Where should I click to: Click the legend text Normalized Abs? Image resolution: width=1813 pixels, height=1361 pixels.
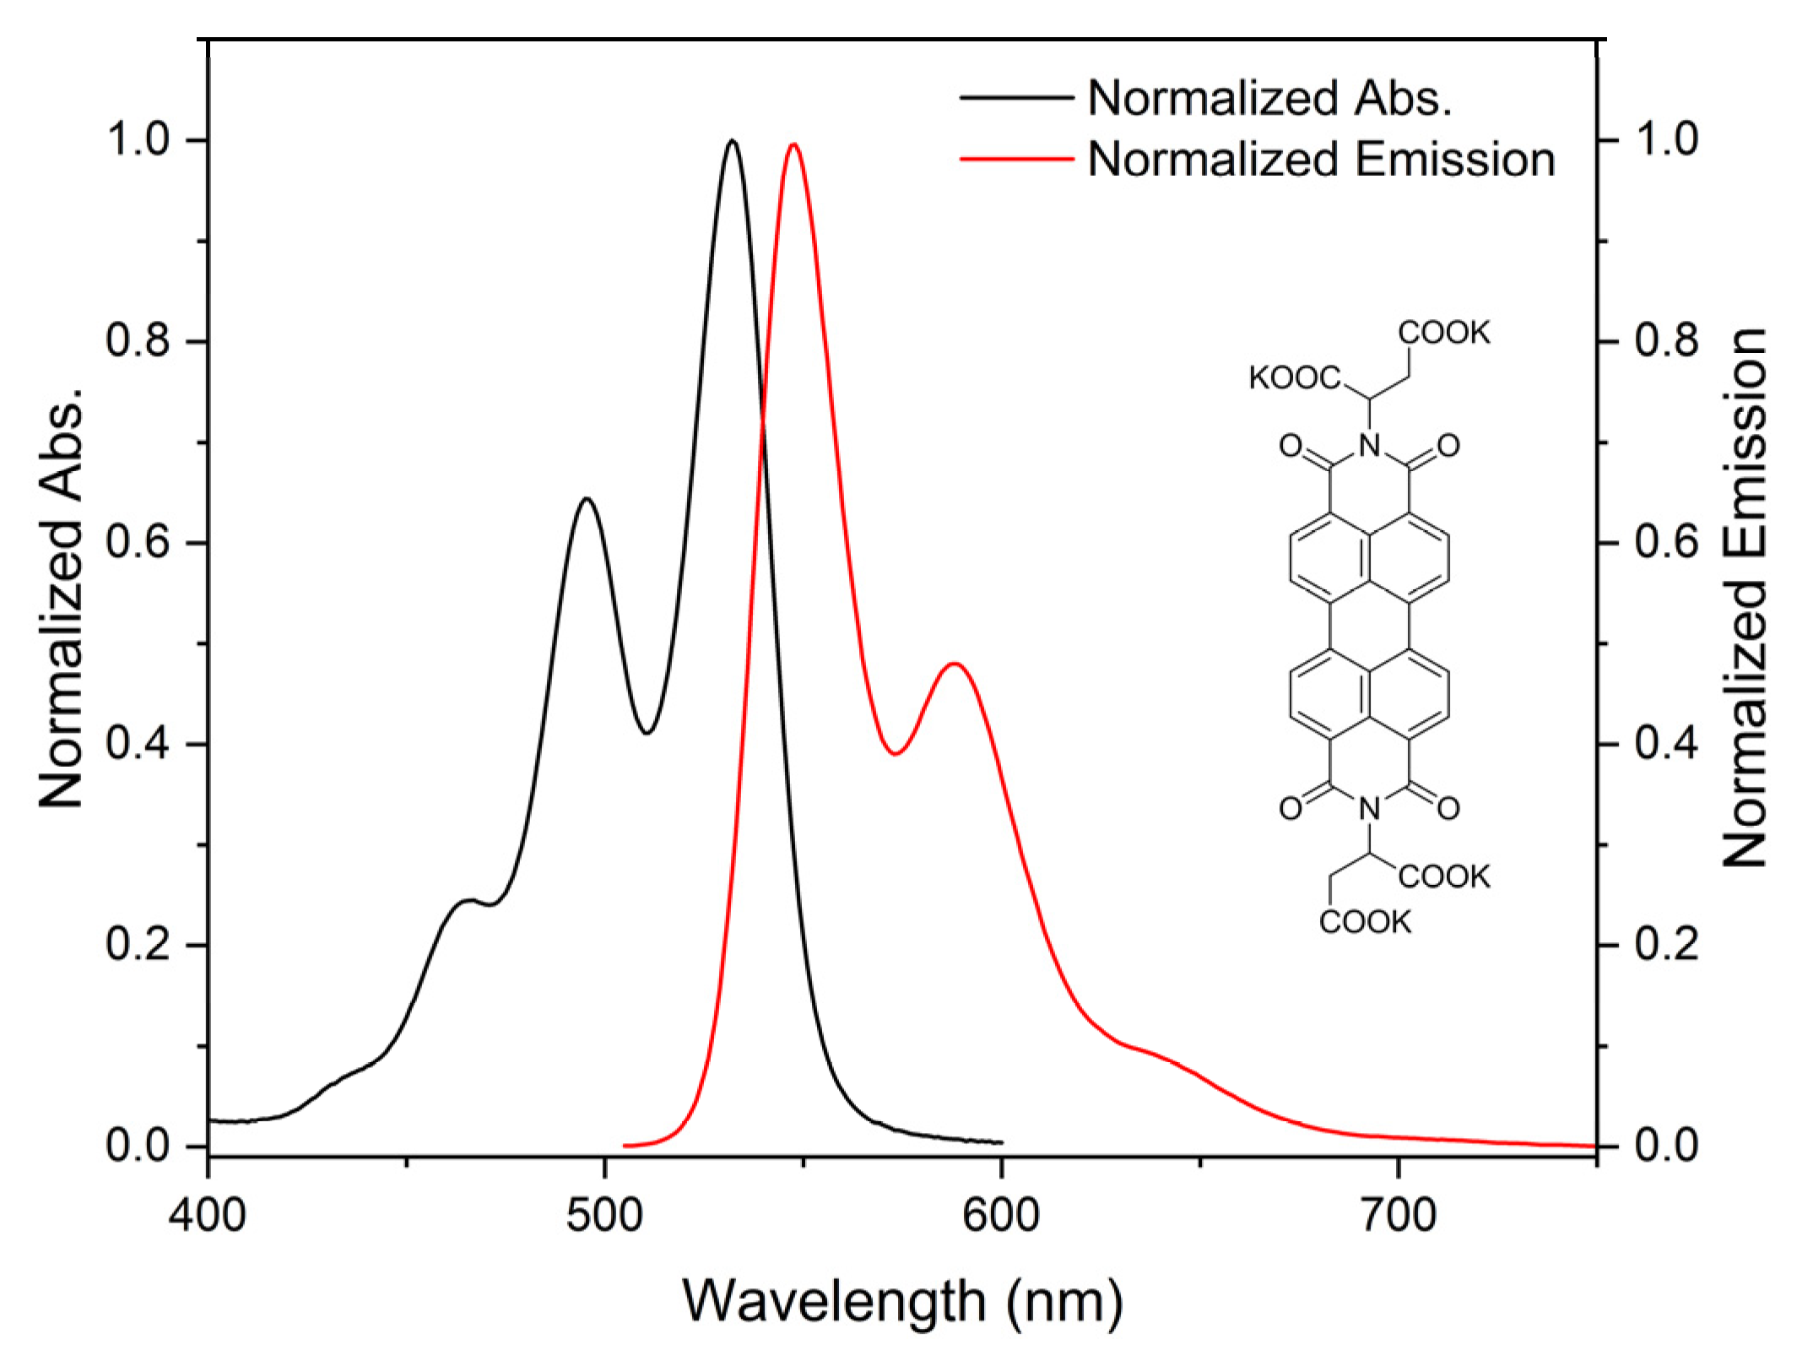pos(1269,98)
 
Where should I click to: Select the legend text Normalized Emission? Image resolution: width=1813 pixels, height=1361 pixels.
pos(1321,159)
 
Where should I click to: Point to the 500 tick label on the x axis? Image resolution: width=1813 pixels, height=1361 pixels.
pos(604,1216)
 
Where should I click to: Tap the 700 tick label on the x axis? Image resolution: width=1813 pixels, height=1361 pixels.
pos(1399,1216)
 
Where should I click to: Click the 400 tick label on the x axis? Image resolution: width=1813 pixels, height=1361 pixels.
pos(208,1216)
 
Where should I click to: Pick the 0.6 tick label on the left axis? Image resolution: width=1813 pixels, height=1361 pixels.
pos(140,543)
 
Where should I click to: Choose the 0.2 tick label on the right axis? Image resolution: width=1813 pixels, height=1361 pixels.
pos(1666,945)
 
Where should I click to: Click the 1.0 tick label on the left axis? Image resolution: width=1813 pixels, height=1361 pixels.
pos(140,140)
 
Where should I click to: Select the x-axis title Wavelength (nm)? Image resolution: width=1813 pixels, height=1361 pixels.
pos(902,1301)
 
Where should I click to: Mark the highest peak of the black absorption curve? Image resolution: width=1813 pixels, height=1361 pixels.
pos(732,141)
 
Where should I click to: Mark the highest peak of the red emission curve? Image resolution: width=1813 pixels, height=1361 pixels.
pos(793,145)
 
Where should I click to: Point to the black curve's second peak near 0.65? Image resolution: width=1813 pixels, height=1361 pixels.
pos(587,499)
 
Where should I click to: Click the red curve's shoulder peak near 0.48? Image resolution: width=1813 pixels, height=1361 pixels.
pos(955,664)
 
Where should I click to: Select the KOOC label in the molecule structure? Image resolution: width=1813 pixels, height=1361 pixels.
pos(1295,379)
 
